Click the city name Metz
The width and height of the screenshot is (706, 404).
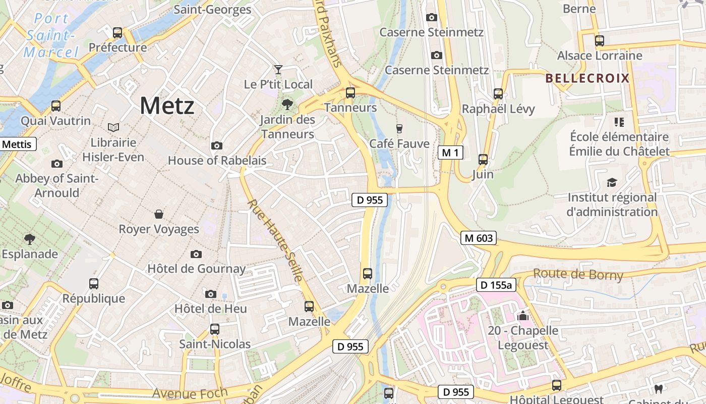point(167,106)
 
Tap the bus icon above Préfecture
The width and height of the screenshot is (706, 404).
point(117,33)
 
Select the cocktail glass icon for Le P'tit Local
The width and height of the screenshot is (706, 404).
point(278,69)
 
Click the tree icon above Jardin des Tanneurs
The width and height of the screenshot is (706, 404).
point(287,105)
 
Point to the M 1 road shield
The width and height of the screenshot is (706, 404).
point(450,153)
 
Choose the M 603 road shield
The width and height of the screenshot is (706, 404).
point(478,238)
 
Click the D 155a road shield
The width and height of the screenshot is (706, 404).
point(496,285)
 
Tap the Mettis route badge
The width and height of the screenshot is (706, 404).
point(17,144)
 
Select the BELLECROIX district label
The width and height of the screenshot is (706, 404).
point(587,78)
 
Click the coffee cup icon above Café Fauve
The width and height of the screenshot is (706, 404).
point(399,128)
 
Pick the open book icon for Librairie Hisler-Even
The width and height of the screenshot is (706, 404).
point(113,127)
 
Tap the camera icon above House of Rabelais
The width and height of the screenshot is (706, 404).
point(217,146)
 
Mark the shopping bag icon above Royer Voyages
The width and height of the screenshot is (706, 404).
point(159,214)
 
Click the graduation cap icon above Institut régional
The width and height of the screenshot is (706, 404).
point(612,182)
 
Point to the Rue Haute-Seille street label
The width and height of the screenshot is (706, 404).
point(275,240)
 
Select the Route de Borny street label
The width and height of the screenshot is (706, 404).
point(578,275)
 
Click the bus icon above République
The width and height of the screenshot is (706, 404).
point(94,284)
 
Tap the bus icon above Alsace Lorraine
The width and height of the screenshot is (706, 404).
point(599,41)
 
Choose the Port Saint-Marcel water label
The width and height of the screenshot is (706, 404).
point(51,36)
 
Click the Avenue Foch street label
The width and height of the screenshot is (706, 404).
point(190,393)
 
